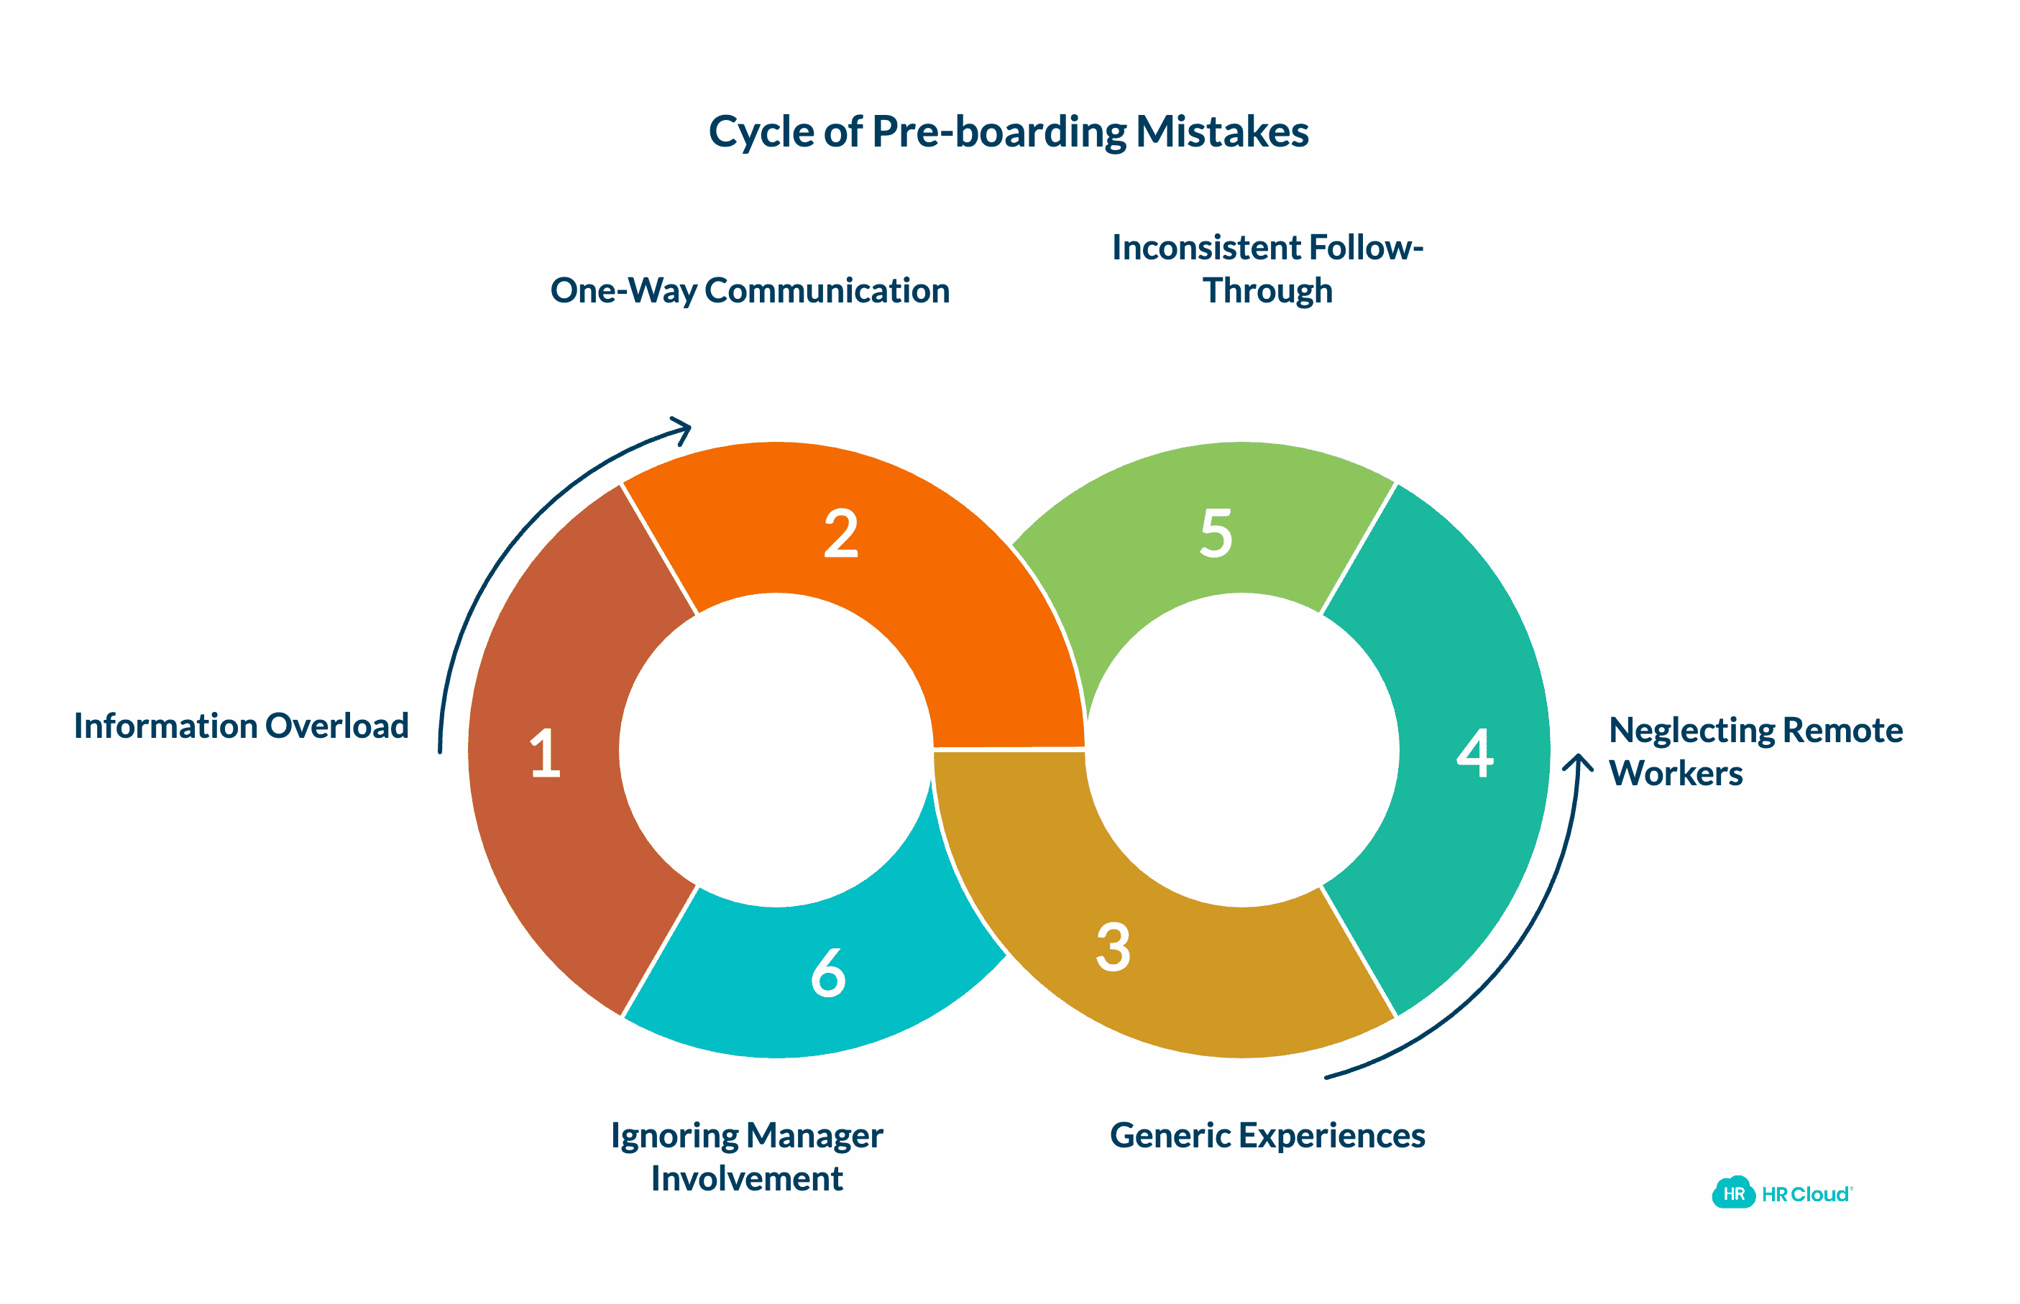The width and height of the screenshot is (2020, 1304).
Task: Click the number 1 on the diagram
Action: coord(545,753)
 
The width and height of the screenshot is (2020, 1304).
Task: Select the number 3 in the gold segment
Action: coord(1113,947)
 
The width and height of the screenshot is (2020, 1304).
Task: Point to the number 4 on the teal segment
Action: coord(1474,752)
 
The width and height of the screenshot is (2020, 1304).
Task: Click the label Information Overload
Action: coord(242,726)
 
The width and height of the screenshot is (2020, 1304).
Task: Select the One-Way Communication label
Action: coord(750,290)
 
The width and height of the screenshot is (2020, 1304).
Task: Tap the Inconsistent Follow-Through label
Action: coord(1267,269)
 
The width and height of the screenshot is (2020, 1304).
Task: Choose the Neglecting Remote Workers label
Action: coord(1755,751)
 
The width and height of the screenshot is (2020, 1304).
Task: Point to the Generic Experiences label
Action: coord(1267,1135)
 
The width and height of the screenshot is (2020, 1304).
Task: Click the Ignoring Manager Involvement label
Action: coord(746,1157)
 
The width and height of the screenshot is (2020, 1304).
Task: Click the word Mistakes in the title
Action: coord(1221,132)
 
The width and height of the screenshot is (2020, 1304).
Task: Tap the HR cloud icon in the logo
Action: coord(1733,1193)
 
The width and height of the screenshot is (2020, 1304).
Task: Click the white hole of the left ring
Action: coord(776,750)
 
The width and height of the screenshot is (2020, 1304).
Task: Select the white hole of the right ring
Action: coord(1241,750)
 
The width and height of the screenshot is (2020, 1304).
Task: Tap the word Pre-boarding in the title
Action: coord(999,132)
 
